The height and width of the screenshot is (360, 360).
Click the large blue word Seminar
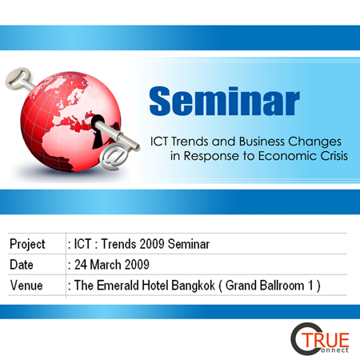pos(225,101)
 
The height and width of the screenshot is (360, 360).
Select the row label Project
pos(27,244)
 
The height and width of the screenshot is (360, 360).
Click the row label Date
pos(22,265)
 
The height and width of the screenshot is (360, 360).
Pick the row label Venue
pos(26,286)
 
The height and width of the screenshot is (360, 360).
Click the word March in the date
pos(106,265)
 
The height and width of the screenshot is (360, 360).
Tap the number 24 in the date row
pos(81,265)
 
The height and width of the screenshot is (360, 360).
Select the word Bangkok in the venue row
pos(193,286)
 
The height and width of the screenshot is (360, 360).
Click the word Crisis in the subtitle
pos(334,156)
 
